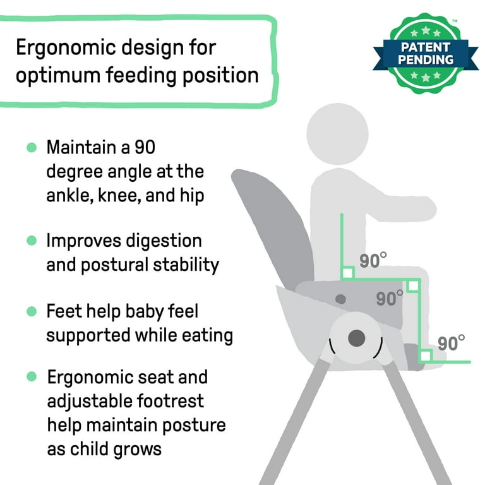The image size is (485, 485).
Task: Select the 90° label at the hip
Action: [x=374, y=261]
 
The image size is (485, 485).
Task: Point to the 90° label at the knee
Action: [x=390, y=298]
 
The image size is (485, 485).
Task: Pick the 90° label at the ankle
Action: [x=452, y=343]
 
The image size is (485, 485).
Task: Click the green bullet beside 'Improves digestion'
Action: [x=32, y=241]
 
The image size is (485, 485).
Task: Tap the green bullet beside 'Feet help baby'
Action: [x=32, y=311]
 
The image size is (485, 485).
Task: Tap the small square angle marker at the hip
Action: [x=347, y=273]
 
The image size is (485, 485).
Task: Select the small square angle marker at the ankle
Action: [x=425, y=356]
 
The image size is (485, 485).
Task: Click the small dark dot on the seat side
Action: [x=341, y=298]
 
